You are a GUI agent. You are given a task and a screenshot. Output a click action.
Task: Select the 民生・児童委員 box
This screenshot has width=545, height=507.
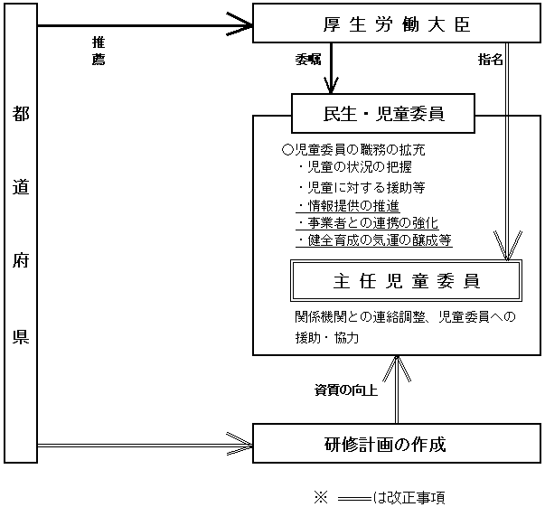point(382,114)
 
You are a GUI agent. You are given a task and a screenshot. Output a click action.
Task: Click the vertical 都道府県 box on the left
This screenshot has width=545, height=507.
point(21,235)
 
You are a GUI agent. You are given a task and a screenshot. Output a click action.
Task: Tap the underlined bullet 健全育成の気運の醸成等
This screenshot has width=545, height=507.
point(374,240)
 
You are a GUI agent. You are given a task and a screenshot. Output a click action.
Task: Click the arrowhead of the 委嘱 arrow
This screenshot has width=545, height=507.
point(332,87)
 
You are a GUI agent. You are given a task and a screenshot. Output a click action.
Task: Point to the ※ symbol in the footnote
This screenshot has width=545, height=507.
point(317,497)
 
